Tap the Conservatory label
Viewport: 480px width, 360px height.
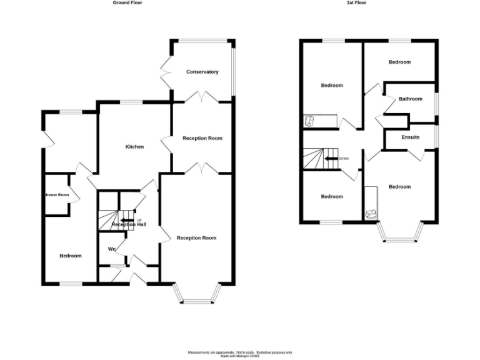pyautogui.click(x=202, y=72)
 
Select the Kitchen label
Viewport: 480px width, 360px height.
pyautogui.click(x=134, y=147)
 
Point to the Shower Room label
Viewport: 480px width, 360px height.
pyautogui.click(x=56, y=195)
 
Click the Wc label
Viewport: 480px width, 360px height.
pyautogui.click(x=112, y=249)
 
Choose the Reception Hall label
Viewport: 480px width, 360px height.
pyautogui.click(x=129, y=224)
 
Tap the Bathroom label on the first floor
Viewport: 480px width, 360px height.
pyautogui.click(x=411, y=99)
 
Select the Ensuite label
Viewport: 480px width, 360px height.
pyautogui.click(x=410, y=137)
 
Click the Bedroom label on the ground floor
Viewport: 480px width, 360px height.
pyautogui.click(x=70, y=256)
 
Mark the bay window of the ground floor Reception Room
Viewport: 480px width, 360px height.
pyautogui.click(x=196, y=296)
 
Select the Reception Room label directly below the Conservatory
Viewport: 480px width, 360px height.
pyautogui.click(x=202, y=138)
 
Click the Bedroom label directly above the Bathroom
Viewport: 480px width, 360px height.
pyautogui.click(x=399, y=62)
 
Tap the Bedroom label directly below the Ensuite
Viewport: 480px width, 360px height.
pyautogui.click(x=399, y=187)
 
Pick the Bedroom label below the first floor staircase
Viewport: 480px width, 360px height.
pyautogui.click(x=332, y=197)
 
